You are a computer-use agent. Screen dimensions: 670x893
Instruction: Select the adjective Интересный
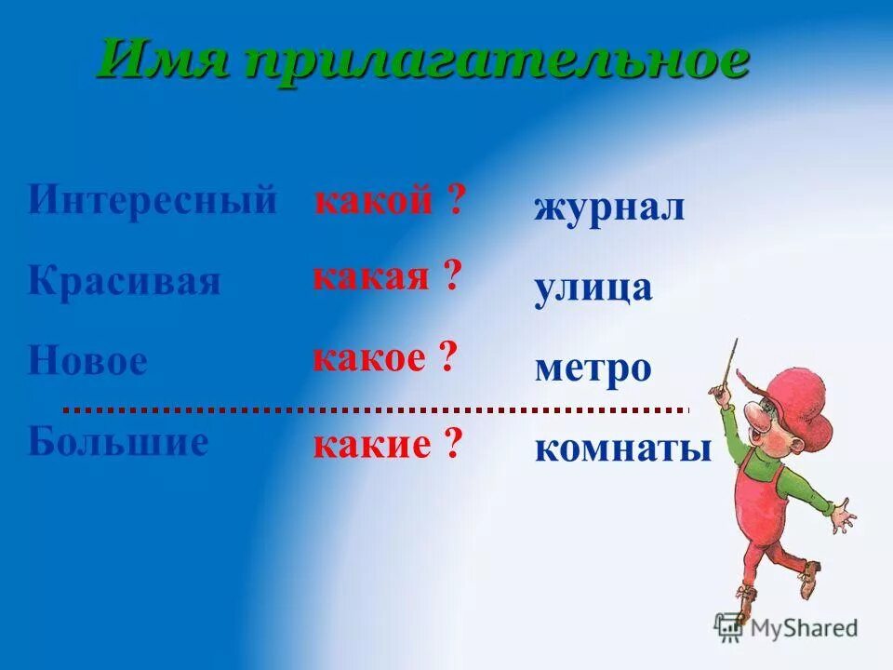tap(153, 200)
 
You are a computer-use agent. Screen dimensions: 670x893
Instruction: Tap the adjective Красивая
tap(125, 281)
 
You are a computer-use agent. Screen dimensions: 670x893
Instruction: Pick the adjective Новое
tap(87, 361)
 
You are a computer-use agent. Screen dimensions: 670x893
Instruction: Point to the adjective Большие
tap(118, 441)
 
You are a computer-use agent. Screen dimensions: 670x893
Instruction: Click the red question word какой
tap(374, 199)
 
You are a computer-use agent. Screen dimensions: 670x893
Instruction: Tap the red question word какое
tap(369, 357)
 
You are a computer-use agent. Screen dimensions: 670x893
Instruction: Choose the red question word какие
tap(372, 445)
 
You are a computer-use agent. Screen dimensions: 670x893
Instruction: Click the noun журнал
tap(609, 207)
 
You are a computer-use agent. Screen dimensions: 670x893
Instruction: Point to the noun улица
tap(593, 288)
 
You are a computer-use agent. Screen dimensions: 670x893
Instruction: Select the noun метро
tap(593, 368)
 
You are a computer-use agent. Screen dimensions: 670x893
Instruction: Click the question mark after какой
tap(454, 199)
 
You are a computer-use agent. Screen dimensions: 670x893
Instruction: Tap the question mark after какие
tap(453, 445)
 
